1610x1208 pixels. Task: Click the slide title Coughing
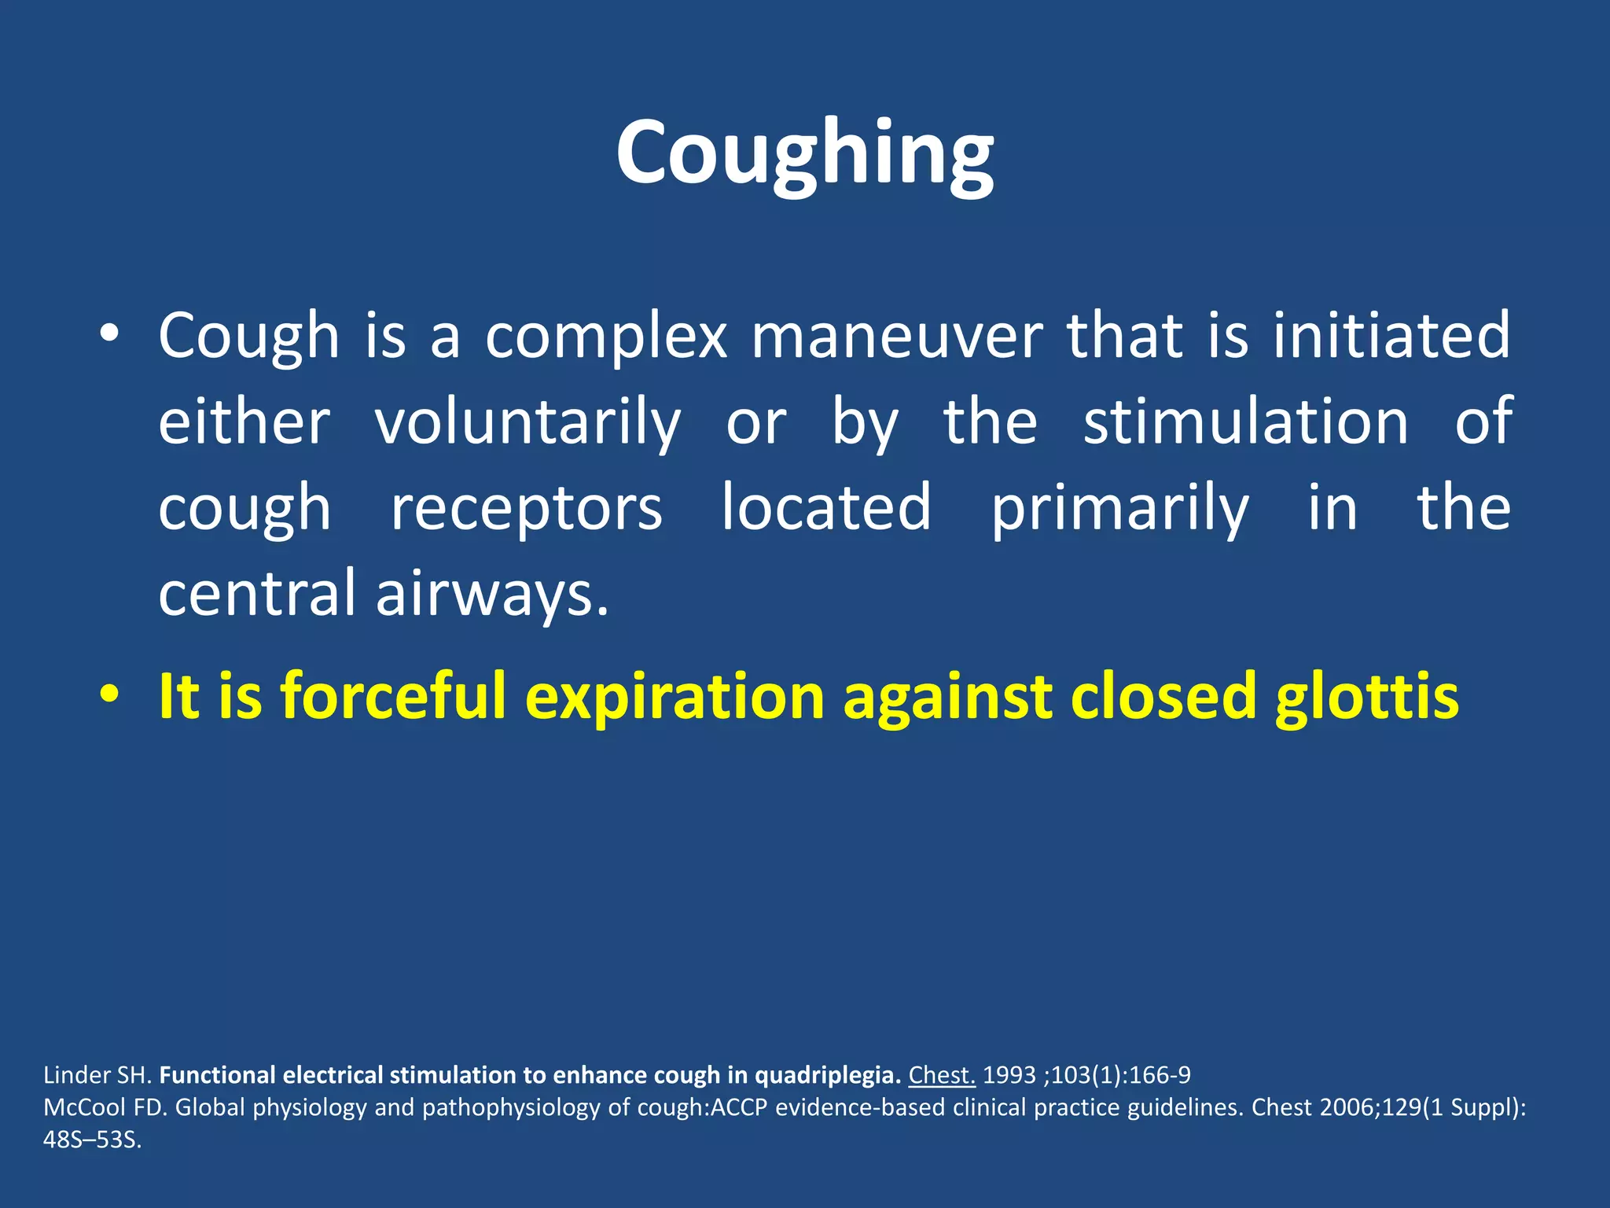click(x=804, y=153)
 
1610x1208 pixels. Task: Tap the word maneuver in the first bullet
click(x=898, y=336)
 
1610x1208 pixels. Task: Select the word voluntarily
click(x=527, y=422)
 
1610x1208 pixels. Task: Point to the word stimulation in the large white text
click(x=1246, y=422)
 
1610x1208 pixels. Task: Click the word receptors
click(x=527, y=509)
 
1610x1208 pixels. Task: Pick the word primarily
click(x=1119, y=509)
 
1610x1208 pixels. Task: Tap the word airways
click(x=492, y=594)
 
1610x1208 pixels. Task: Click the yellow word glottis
click(x=1366, y=697)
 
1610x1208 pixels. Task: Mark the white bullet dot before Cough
click(x=109, y=335)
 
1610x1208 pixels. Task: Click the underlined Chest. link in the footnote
click(x=942, y=1075)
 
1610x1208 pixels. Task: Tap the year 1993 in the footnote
click(x=1009, y=1075)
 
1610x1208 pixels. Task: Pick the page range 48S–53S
click(x=92, y=1140)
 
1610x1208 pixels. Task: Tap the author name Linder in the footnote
click(x=76, y=1075)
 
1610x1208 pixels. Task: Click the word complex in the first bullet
click(x=606, y=336)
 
